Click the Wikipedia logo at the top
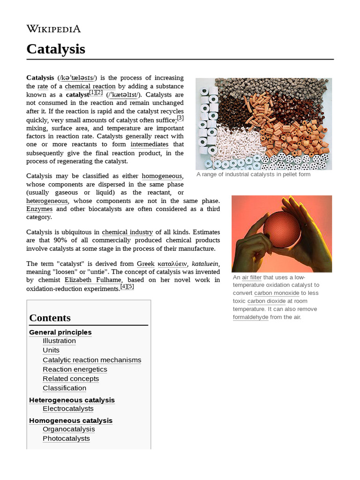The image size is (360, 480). pos(53,29)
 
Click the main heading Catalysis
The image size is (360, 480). pos(56,49)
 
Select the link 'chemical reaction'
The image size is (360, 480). pos(90,86)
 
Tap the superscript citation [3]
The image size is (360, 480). pos(180,118)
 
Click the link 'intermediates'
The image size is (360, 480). pos(150,144)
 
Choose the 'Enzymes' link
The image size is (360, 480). pos(39,209)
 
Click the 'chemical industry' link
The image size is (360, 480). pos(127,232)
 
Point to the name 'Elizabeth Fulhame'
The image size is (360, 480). pos(92,280)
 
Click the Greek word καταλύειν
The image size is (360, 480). pos(172,264)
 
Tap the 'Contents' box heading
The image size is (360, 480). pos(50,318)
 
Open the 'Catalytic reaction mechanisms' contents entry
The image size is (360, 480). pos(92,360)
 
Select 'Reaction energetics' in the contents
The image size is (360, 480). pos(75,369)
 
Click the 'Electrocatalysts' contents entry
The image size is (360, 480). pos(68,409)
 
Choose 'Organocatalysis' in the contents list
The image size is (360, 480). pos(68,429)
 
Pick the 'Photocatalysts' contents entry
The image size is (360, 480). pos(66,439)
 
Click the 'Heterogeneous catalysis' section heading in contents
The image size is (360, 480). pos(72,400)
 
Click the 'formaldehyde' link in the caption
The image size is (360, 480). pos(250,317)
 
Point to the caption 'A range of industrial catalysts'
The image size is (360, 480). pos(253,174)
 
